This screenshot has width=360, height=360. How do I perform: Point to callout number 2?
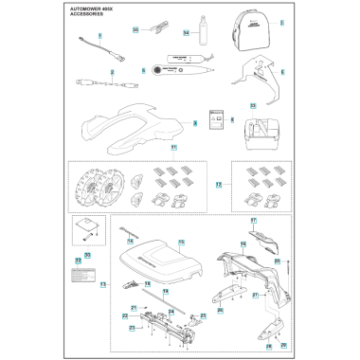pos(113,72)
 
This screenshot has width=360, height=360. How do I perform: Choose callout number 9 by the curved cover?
pos(193,122)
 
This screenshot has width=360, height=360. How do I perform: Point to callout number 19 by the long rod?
pos(164,292)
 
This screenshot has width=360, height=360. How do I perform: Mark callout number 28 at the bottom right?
pos(268,346)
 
